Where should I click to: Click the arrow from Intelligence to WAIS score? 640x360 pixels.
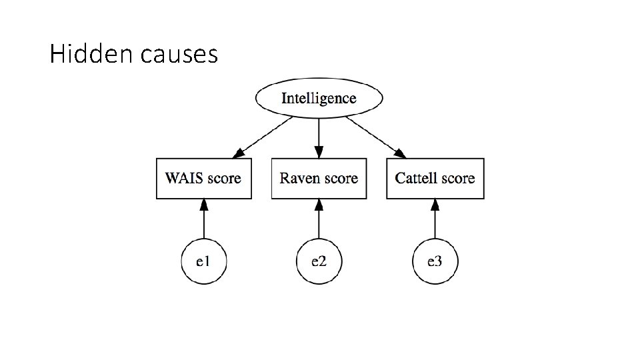(x=263, y=137)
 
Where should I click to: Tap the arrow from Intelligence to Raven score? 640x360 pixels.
(x=319, y=139)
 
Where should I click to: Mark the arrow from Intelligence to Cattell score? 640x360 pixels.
(x=376, y=137)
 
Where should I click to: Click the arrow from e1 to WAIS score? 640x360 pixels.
(x=204, y=219)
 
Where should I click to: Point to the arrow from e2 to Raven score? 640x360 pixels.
(x=319, y=219)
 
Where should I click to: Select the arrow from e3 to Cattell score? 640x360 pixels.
(x=435, y=219)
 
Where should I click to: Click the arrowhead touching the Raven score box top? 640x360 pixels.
(x=319, y=152)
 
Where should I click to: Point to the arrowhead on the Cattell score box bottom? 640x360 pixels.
(x=435, y=205)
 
